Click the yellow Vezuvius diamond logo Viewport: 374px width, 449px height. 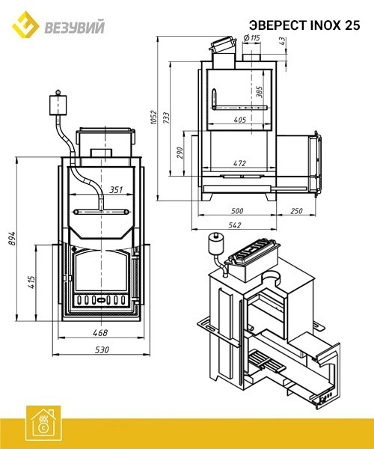pos(25,25)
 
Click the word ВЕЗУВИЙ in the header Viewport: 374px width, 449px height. pos(74,28)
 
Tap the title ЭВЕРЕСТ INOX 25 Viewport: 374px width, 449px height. pos(304,25)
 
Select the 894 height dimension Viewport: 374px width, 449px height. pos(12,238)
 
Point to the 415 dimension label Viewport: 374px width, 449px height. pos(31,282)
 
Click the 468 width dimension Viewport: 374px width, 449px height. pos(100,332)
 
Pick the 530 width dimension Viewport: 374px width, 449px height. pos(102,349)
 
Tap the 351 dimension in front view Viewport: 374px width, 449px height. pos(116,189)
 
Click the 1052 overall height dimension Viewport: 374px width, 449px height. pos(154,117)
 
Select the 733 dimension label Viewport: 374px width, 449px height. pos(166,117)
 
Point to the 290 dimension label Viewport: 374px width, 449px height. pos(180,153)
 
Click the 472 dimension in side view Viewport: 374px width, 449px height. pos(239,163)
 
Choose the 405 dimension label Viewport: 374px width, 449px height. pos(240,120)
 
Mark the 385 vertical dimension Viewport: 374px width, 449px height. pos(260,91)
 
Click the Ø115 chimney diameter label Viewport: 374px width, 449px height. pos(251,37)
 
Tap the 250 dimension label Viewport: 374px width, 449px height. pos(296,211)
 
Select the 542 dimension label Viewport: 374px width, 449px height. pos(235,225)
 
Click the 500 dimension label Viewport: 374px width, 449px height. pos(237,211)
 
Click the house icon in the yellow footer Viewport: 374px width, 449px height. pos(43,424)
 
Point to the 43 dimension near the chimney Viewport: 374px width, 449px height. pos(282,40)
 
